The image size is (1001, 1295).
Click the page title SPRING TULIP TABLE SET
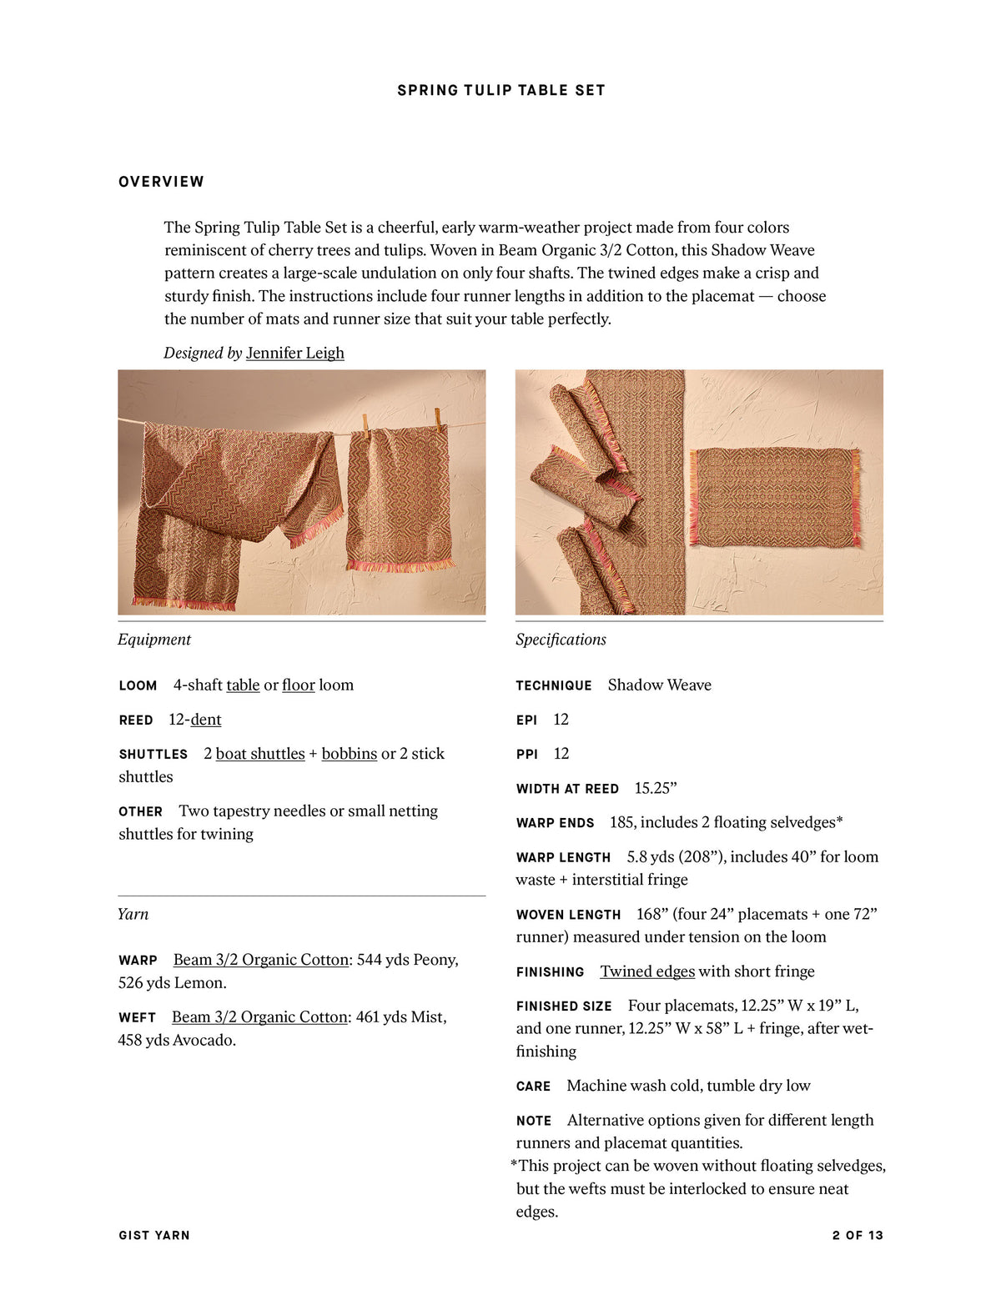[500, 90]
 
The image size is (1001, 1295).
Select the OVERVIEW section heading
[161, 182]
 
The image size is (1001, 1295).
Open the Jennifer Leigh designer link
[294, 353]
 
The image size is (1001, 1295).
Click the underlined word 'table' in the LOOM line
[243, 685]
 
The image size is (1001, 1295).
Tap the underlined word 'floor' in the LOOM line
[298, 685]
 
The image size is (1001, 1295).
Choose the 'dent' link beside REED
[206, 720]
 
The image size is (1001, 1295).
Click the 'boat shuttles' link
[260, 754]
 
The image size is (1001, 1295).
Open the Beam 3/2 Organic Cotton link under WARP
[260, 960]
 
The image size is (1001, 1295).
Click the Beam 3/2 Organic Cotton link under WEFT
[259, 1017]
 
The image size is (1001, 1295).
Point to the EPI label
[526, 720]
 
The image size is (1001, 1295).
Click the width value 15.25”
[656, 789]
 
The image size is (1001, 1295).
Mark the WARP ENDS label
[555, 823]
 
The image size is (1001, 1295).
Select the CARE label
[533, 1087]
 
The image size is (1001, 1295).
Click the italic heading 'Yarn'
[133, 914]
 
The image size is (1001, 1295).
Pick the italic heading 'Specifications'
[561, 640]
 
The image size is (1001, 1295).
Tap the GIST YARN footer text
[154, 1235]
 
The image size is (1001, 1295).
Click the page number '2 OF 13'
[857, 1235]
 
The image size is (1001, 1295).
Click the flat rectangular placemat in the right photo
[774, 497]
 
